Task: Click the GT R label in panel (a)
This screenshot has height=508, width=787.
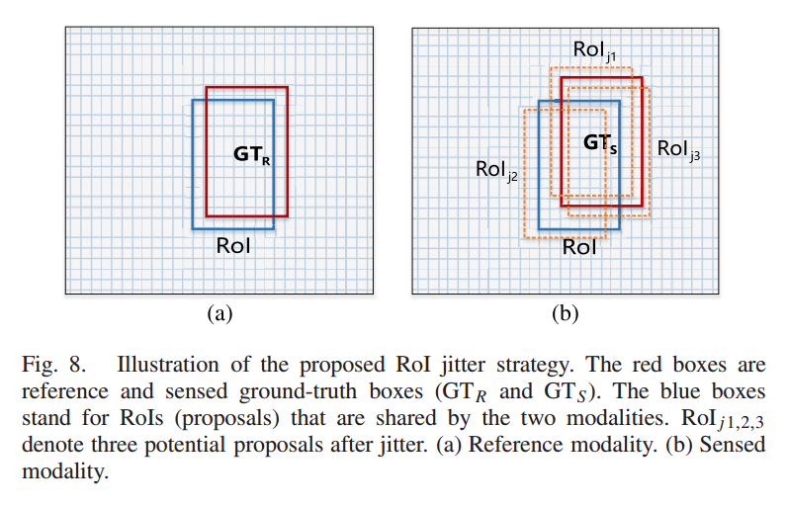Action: tap(251, 155)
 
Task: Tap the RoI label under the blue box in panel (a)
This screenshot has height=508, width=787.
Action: tap(233, 245)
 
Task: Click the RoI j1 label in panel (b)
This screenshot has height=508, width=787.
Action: tap(595, 50)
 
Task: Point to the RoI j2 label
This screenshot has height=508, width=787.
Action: tap(494, 171)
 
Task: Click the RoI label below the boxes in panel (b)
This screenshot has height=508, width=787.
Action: tap(579, 247)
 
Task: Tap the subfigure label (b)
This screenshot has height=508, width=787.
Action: tap(565, 314)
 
